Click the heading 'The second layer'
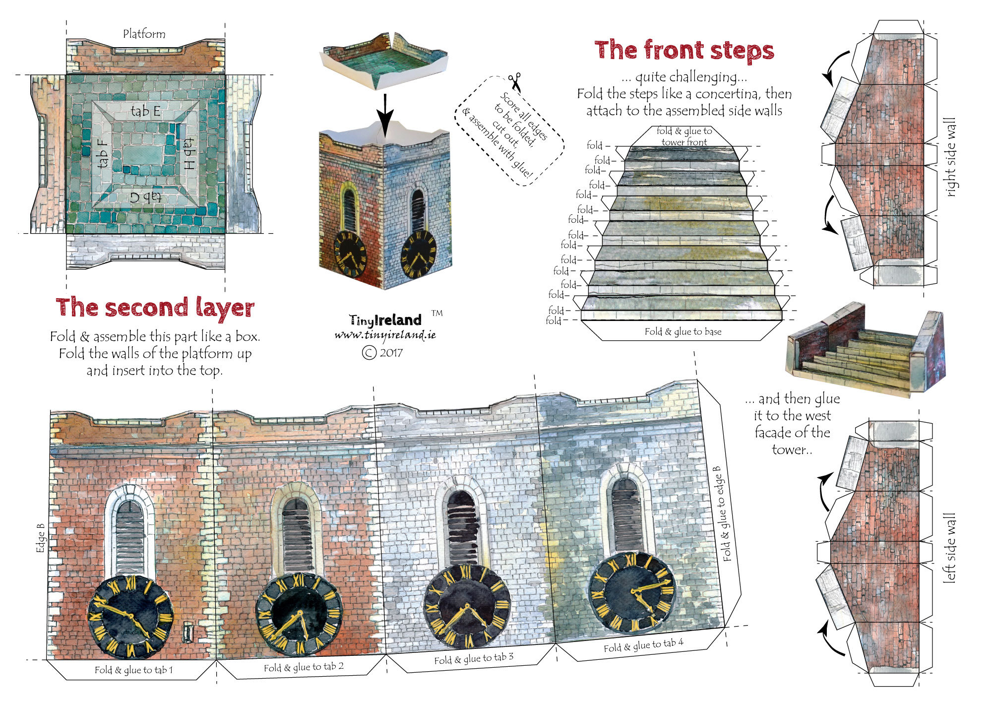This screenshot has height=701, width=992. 155,308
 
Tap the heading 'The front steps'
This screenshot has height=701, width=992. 684,51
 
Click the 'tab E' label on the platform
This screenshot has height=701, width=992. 145,111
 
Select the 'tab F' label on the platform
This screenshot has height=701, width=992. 103,153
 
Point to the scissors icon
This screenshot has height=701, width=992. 515,81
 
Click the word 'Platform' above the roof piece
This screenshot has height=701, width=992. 144,34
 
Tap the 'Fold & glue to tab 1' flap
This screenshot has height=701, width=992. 133,670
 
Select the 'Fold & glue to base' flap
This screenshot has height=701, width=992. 682,331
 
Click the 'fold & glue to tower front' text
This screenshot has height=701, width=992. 684,136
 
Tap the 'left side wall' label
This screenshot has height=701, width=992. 948,548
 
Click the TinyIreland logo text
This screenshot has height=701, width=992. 385,320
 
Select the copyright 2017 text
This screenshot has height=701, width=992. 382,353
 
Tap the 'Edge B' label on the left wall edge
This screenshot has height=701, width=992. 41,538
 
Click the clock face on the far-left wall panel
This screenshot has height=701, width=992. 130,617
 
